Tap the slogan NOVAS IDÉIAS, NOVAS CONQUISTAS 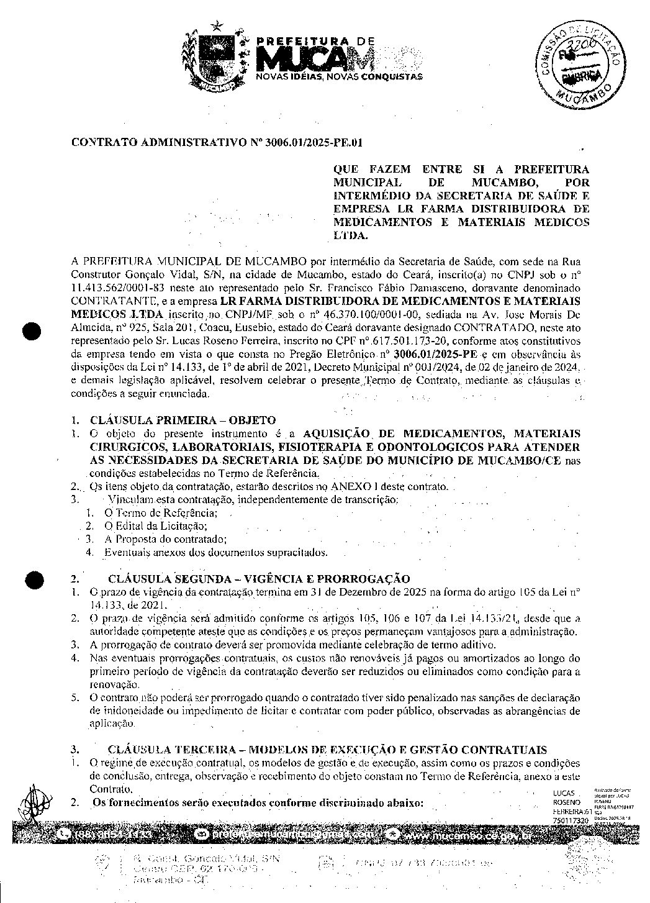coord(340,76)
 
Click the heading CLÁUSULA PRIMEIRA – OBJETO coord(183,420)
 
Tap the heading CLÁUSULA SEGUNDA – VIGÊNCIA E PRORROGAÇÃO coord(258,579)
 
